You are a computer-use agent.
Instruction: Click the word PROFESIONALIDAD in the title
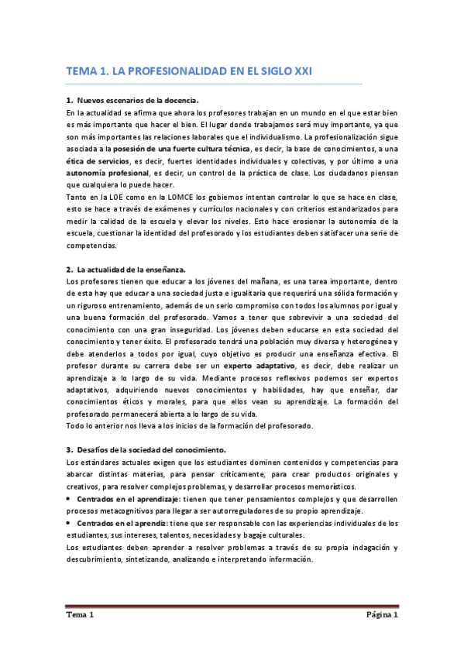[167, 71]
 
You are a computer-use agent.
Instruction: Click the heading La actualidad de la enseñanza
[131, 269]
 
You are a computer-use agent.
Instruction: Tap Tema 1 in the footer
[80, 615]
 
